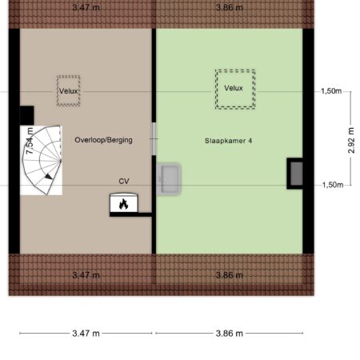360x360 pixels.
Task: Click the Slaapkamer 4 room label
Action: (228, 141)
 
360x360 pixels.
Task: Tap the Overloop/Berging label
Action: (103, 140)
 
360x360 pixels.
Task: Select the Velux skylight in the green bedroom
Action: (235, 89)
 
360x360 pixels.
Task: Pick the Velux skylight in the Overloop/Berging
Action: (68, 91)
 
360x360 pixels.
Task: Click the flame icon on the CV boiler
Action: (123, 204)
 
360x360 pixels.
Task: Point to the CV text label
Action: (124, 182)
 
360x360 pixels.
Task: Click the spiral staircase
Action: (42, 160)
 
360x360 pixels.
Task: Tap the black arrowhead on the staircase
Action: (48, 176)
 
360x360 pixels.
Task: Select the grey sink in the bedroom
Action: (169, 178)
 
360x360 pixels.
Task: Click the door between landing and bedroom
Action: (154, 139)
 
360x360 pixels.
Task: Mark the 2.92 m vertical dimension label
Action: (351, 140)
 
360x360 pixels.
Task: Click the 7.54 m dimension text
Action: (30, 141)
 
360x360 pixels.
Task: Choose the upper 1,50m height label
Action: (331, 91)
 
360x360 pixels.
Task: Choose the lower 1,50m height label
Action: (333, 185)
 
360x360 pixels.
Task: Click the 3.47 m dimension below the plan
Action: (86, 334)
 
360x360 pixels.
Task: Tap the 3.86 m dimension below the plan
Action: (230, 334)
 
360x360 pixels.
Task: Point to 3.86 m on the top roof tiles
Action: (230, 7)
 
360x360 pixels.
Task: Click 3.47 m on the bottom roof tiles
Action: (86, 275)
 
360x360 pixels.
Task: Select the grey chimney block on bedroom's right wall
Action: (296, 174)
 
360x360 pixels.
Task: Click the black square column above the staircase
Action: (27, 115)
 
